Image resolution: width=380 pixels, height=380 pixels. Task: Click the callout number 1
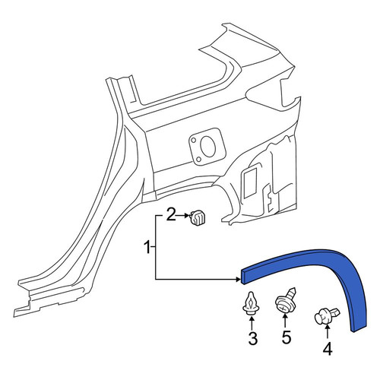pos(147,248)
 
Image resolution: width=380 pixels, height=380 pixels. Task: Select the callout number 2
pos(171,215)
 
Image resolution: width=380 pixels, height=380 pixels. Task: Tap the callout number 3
pos(252,338)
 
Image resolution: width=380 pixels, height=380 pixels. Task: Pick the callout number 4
pos(328,349)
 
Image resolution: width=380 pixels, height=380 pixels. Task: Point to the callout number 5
pos(287,337)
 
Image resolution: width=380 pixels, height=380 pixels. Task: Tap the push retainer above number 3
pos(250,304)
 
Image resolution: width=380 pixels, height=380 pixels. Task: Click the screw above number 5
pos(286,302)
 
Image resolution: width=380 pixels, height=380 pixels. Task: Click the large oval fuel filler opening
pos(208,147)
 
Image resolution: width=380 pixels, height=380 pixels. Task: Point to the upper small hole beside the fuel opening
pos(194,140)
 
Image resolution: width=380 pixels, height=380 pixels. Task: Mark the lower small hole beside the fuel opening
pos(199,159)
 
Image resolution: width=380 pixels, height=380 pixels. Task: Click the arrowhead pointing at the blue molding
pos(238,280)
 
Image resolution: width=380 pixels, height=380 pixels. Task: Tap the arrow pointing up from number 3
pos(252,324)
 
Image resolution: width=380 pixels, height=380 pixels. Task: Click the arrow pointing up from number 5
pos(285,321)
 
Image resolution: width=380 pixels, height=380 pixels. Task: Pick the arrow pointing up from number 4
pos(327,333)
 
